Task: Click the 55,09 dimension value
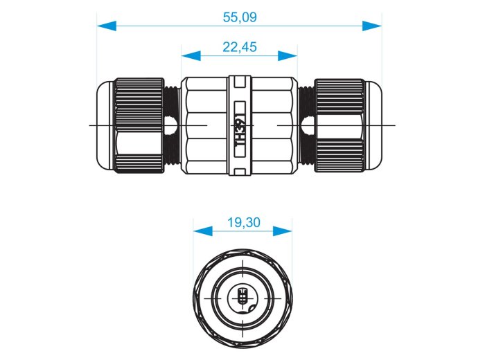[240, 17]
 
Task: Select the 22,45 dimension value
[240, 47]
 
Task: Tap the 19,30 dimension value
[244, 222]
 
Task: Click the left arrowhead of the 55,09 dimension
[107, 26]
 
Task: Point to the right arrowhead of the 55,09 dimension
[372, 26]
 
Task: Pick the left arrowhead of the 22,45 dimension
[191, 56]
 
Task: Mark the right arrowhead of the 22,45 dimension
[288, 56]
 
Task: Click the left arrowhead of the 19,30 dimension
[203, 231]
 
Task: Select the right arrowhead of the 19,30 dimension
[283, 231]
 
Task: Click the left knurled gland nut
[139, 125]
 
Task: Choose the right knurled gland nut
[339, 125]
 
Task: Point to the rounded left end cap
[105, 125]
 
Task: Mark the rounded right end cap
[373, 125]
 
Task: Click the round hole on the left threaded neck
[171, 126]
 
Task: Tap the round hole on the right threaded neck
[308, 126]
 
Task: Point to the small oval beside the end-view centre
[251, 308]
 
